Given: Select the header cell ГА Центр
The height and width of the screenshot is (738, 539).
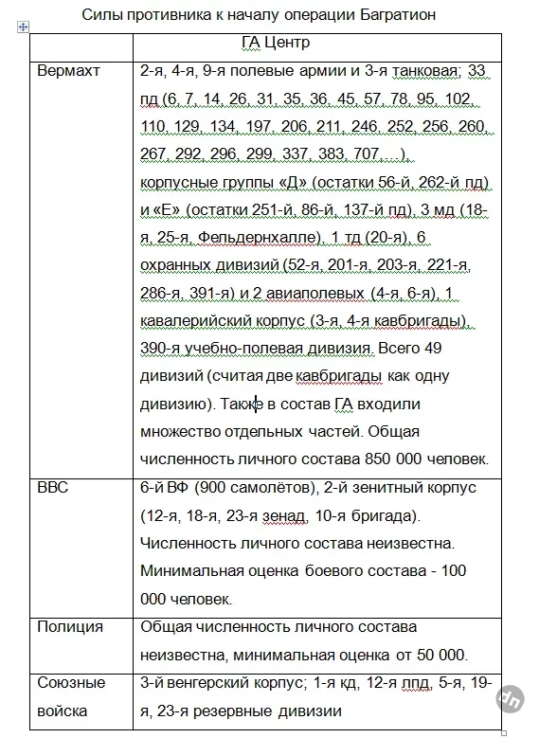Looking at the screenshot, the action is pyautogui.click(x=270, y=44).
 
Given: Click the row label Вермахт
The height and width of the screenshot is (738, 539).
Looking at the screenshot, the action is pyautogui.click(x=68, y=71).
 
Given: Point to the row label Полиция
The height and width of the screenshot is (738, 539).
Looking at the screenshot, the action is pyautogui.click(x=70, y=626).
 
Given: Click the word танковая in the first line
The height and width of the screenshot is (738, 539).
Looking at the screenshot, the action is pyautogui.click(x=403, y=71).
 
